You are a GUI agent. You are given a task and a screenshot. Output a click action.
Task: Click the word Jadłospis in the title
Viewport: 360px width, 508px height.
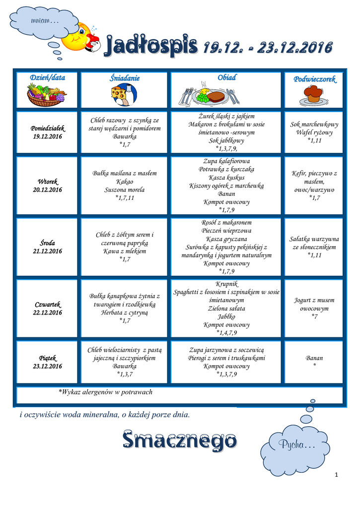[149, 48]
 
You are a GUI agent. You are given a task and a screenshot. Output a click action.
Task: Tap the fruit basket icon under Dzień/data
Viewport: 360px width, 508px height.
[47, 94]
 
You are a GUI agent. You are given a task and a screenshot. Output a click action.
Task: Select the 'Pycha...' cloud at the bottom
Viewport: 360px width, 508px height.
[296, 444]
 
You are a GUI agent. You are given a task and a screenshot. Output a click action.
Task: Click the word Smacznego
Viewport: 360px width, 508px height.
[179, 440]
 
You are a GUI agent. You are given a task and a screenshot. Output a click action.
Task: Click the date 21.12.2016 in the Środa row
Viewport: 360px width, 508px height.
[48, 251]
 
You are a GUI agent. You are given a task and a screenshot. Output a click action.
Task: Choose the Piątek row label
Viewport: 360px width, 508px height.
[48, 358]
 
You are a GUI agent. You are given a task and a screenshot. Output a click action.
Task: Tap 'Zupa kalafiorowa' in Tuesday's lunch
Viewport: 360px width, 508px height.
[226, 161]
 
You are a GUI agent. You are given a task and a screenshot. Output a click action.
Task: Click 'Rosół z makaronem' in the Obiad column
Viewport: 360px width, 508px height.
[226, 222]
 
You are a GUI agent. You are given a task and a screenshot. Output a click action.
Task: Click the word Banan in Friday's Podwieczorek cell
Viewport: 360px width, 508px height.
[314, 358]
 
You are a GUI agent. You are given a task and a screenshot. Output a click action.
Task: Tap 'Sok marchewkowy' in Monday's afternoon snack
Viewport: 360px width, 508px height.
[314, 125]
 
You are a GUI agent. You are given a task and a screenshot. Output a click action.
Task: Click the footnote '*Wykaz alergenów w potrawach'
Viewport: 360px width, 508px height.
[105, 392]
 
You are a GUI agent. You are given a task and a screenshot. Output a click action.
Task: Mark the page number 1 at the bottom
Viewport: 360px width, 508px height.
[336, 475]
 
